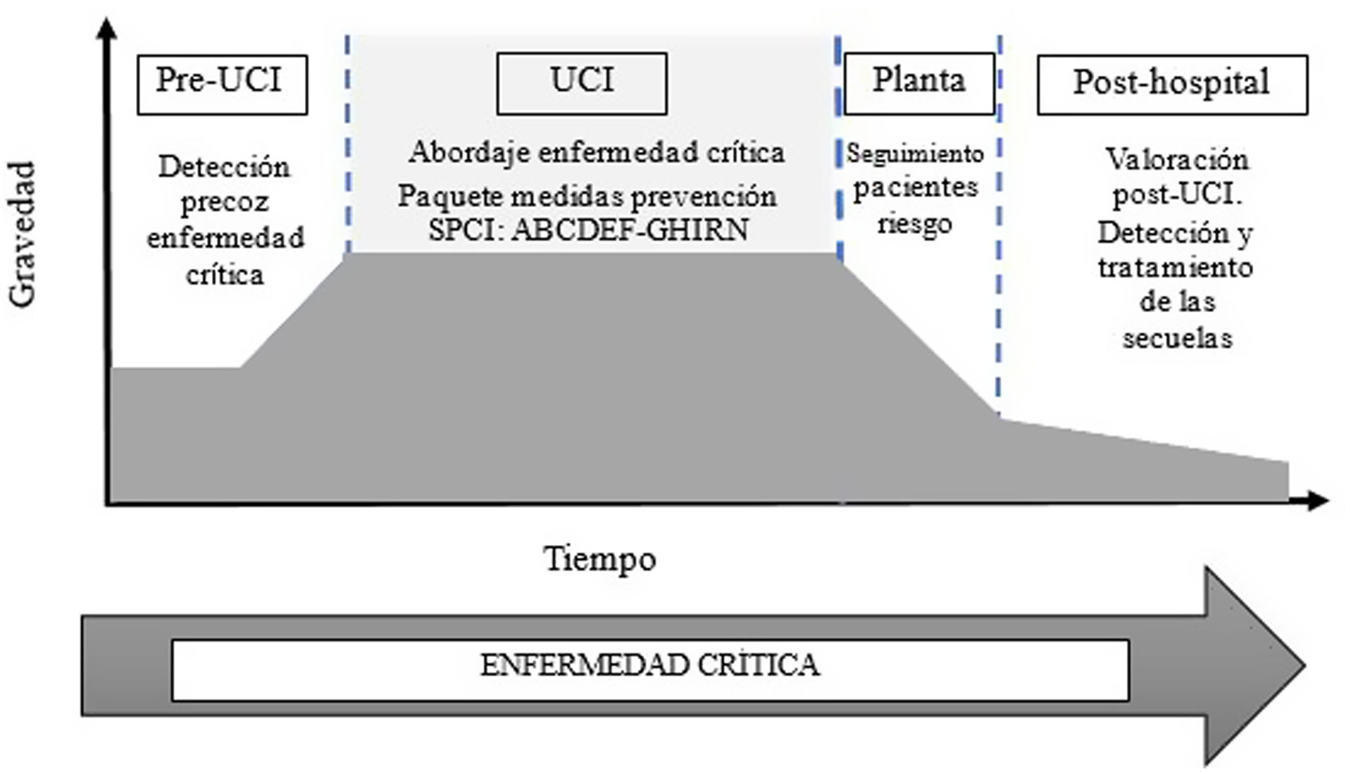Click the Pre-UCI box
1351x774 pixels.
point(222,84)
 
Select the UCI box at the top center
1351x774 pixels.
point(581,82)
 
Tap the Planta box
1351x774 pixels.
point(919,82)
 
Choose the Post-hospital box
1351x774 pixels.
point(1171,84)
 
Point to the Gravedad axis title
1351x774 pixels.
point(23,233)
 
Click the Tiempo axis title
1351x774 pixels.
point(600,560)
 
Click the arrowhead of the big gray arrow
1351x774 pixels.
point(1254,666)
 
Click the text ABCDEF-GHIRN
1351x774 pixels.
point(630,230)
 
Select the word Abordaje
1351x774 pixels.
point(469,153)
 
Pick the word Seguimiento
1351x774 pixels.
point(914,154)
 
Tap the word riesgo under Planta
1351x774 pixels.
point(914,224)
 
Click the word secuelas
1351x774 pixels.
point(1177,339)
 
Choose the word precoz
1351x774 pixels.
point(225,203)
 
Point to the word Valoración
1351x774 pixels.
point(1176,160)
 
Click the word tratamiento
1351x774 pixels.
point(1175,268)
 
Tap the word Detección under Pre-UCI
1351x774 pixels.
point(224,168)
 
